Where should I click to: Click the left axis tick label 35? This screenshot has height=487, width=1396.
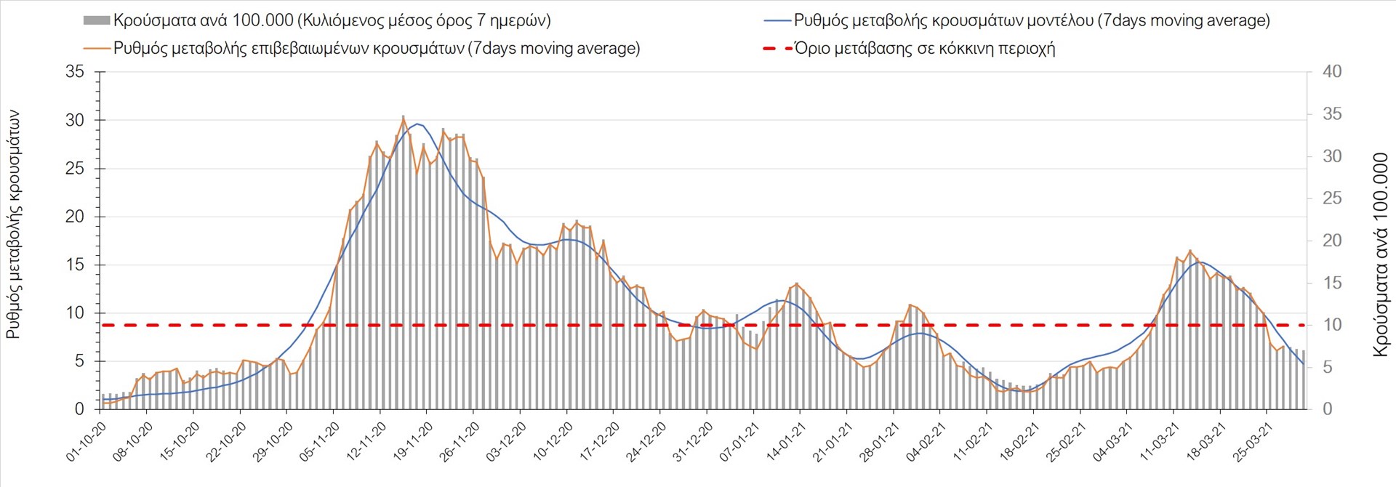pos(75,72)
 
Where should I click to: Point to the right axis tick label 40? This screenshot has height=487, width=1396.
pos(1332,72)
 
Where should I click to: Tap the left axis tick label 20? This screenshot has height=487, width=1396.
pos(75,217)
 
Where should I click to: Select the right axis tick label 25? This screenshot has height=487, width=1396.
pos(1332,198)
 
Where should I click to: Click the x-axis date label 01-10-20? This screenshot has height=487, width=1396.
pos(87,441)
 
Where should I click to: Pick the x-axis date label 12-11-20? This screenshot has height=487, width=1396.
pos(367,441)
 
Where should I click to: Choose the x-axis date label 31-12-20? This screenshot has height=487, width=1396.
pos(694,441)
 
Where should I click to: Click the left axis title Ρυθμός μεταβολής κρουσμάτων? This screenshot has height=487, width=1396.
pos(14,225)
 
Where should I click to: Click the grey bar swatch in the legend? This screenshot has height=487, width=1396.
pos(97,20)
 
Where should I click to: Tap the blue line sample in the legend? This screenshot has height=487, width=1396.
pos(777,20)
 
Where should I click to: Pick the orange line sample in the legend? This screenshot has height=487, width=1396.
pos(97,49)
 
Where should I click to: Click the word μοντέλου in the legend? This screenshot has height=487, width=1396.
pos(1060,20)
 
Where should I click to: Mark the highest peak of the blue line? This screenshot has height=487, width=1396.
pos(417,124)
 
